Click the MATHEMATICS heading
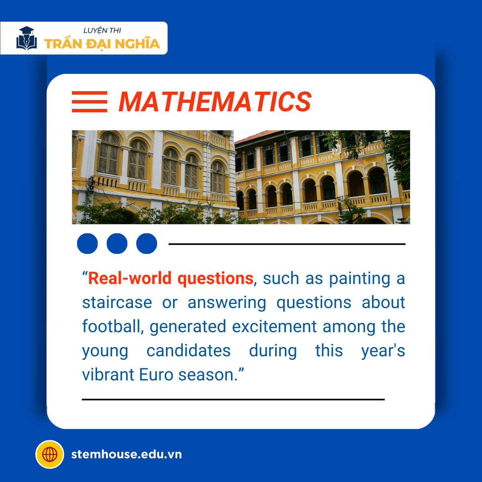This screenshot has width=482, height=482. pyautogui.click(x=215, y=102)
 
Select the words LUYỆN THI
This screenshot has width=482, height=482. pyautogui.click(x=102, y=31)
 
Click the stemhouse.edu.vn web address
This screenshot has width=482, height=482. pyautogui.click(x=127, y=454)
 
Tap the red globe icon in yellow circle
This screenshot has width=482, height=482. pyautogui.click(x=50, y=454)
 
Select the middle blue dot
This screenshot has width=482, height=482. pyautogui.click(x=117, y=243)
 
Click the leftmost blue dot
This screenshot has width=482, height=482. pyautogui.click(x=87, y=243)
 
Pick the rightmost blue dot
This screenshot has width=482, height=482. pyautogui.click(x=147, y=243)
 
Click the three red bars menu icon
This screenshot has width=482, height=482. pyautogui.click(x=90, y=102)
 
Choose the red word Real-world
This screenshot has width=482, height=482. pyautogui.click(x=130, y=278)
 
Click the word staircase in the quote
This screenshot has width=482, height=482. pyautogui.click(x=117, y=302)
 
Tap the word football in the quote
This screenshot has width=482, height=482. pyautogui.click(x=113, y=326)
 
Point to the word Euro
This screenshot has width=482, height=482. pyautogui.click(x=156, y=375)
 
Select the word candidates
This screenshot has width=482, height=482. pyautogui.click(x=188, y=350)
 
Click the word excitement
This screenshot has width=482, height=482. pyautogui.click(x=274, y=327)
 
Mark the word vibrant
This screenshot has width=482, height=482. pyautogui.click(x=108, y=374)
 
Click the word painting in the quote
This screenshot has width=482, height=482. pyautogui.click(x=359, y=279)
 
